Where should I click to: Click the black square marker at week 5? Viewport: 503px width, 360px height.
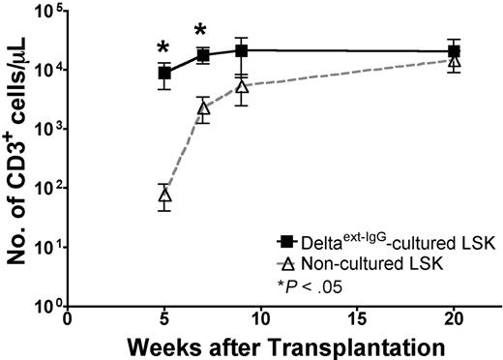[x=164, y=73]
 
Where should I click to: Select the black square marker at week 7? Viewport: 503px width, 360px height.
[x=203, y=55]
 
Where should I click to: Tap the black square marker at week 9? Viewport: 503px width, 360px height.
[x=241, y=50]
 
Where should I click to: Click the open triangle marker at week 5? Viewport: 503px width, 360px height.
[x=164, y=195]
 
